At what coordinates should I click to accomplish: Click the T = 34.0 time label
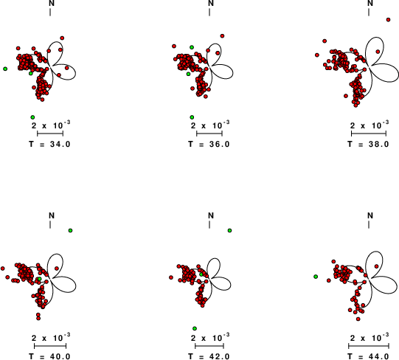coord(49,144)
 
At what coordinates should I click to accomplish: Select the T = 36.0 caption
coord(209,144)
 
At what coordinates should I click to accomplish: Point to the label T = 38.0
coord(368,144)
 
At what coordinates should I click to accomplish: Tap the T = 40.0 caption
coord(49,356)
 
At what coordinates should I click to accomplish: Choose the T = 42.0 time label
coord(209,356)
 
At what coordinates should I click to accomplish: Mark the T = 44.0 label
coord(368,356)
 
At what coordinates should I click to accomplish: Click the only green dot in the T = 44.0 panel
coord(316,277)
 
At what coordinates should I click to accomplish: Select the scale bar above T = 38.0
coord(369,134)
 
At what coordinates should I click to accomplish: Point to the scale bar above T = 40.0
coord(50,346)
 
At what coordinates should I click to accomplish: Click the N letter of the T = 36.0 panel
coord(211,3)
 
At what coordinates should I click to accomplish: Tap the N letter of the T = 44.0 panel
coord(370,215)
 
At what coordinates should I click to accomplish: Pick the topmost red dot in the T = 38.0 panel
coord(389,20)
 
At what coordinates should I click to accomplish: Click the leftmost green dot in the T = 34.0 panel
coord(5,69)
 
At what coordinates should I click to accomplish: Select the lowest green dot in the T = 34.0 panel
coord(32,117)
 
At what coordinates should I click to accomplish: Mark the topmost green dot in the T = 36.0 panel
coord(192,47)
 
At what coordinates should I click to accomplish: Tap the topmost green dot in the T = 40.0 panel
coord(71,230)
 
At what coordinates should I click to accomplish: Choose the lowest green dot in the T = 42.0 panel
coord(195,328)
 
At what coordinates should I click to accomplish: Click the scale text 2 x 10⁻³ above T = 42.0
coord(210,338)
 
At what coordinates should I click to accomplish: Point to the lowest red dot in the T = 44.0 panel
coord(358,319)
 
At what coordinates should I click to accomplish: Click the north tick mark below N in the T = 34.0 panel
coord(50,12)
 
